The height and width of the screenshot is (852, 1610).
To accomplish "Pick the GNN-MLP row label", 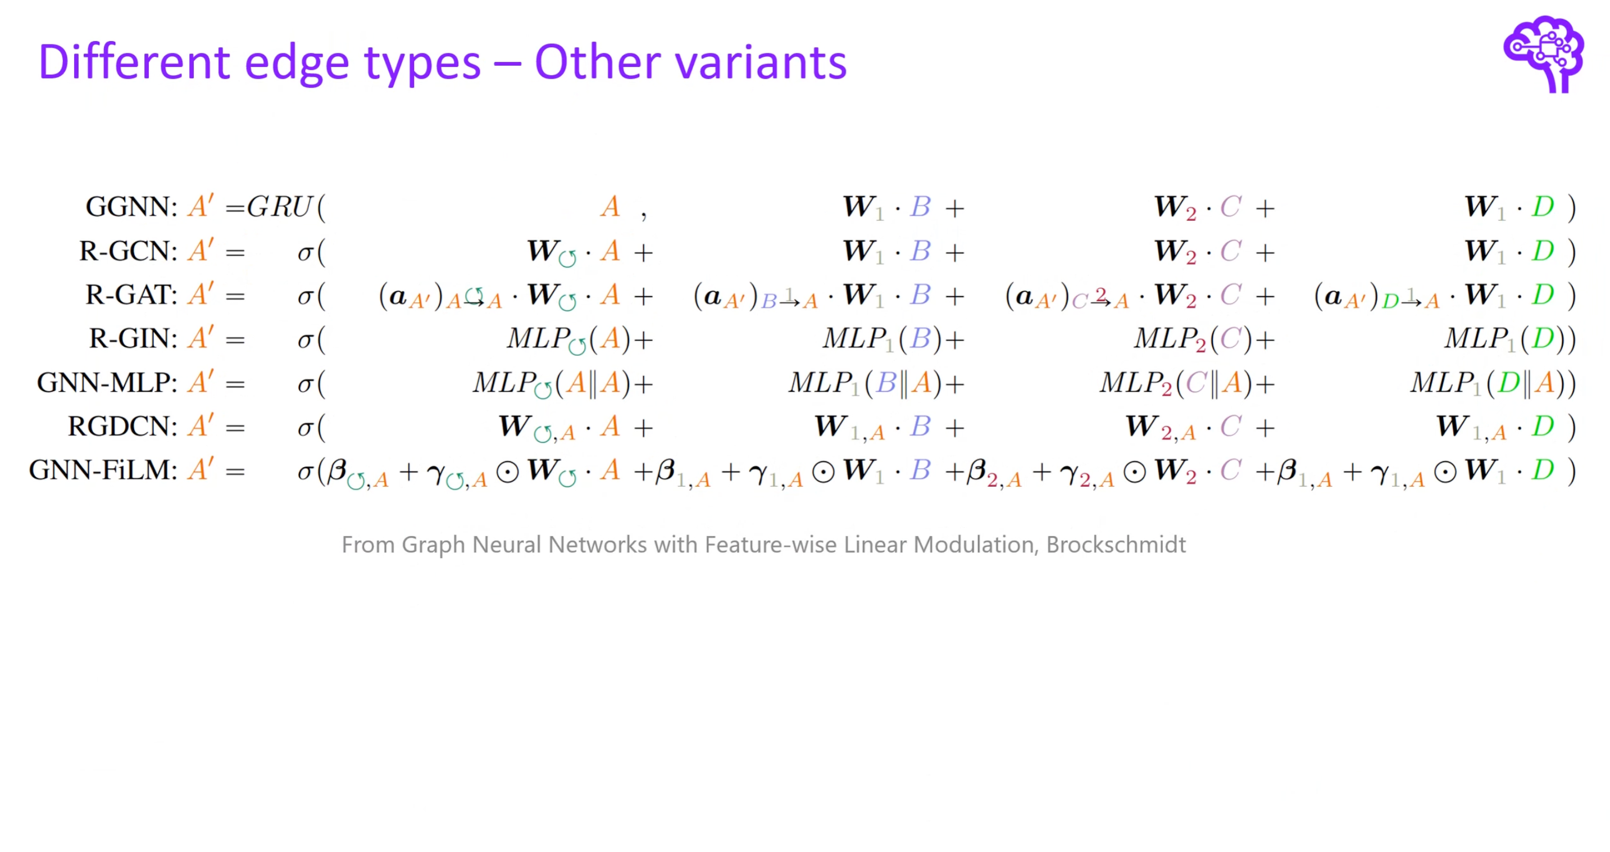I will [107, 383].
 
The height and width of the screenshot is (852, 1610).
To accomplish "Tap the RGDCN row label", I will [122, 427].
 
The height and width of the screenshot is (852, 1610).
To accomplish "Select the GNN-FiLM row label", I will [103, 471].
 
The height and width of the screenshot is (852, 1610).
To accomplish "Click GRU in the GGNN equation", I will [279, 207].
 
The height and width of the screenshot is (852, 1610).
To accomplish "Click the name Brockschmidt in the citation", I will [1116, 545].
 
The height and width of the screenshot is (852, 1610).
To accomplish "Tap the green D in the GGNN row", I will [1543, 207].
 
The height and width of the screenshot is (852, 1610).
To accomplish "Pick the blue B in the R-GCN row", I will [920, 251].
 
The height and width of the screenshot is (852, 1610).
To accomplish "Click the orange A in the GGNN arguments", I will [610, 207].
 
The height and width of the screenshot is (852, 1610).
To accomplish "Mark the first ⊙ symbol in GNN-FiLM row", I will [507, 472].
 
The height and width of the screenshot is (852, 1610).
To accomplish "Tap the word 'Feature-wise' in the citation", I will [771, 545].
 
